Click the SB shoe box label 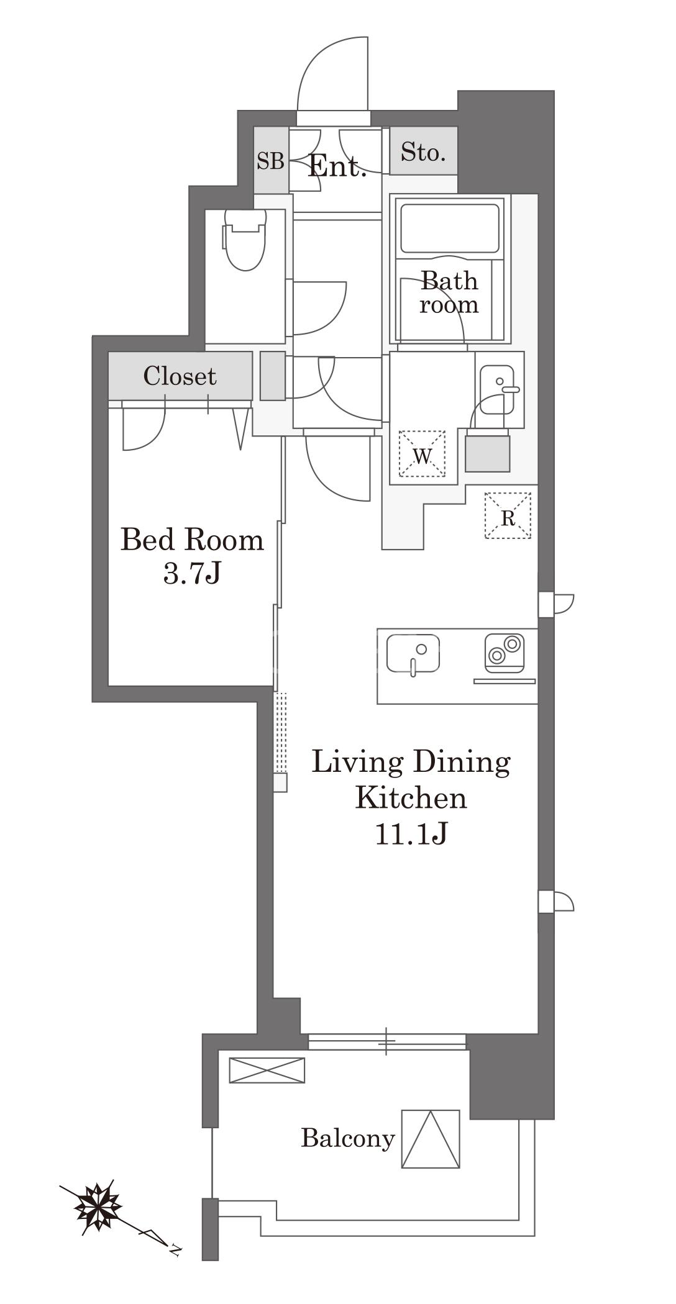pyautogui.click(x=271, y=161)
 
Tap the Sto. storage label pyautogui.click(x=423, y=152)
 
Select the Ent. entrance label pyautogui.click(x=337, y=166)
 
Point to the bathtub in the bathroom pyautogui.click(x=450, y=228)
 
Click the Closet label pyautogui.click(x=180, y=376)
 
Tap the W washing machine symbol pyautogui.click(x=422, y=453)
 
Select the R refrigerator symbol pyautogui.click(x=508, y=515)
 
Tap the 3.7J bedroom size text pyautogui.click(x=192, y=574)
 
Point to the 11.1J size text pyautogui.click(x=411, y=834)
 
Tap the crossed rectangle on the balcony pyautogui.click(x=267, y=1070)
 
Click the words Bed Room pyautogui.click(x=192, y=540)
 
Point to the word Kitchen pyautogui.click(x=411, y=797)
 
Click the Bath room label pyautogui.click(x=449, y=292)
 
